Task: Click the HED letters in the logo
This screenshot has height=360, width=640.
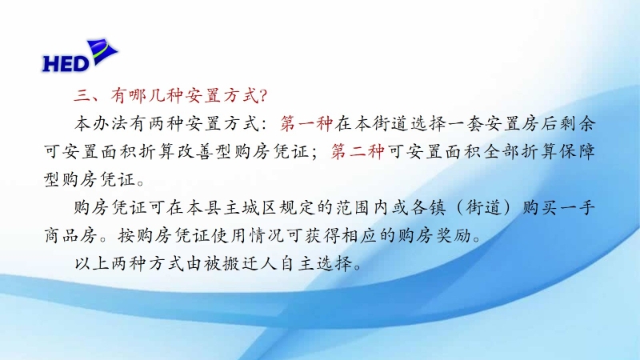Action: [66, 63]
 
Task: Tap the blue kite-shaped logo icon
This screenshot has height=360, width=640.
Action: [102, 51]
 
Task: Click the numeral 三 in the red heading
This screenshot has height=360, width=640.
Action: [82, 96]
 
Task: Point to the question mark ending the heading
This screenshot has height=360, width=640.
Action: [263, 96]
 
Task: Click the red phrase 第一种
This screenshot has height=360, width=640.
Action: [306, 124]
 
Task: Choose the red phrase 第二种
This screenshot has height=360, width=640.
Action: [357, 151]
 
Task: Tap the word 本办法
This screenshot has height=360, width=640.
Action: [102, 124]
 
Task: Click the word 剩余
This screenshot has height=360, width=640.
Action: [577, 124]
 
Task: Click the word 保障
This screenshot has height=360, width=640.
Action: [577, 151]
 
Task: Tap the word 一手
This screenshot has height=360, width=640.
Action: [577, 208]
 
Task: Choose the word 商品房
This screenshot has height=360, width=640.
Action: [70, 235]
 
